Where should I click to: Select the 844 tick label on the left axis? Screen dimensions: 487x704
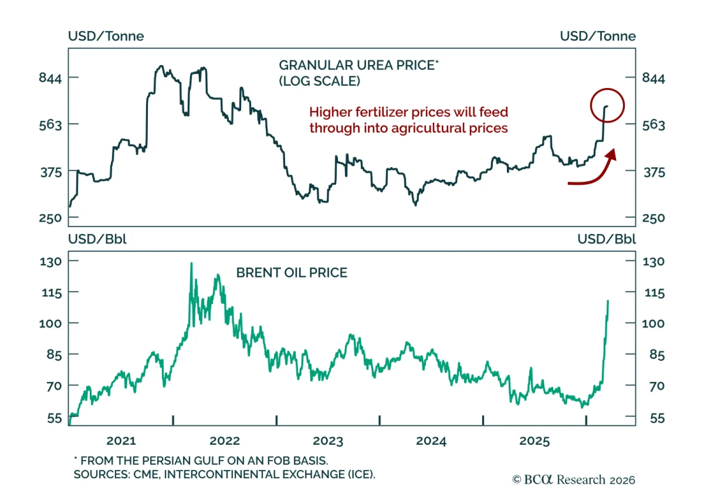[x=50, y=78]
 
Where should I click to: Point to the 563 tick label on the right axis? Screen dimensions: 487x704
[x=653, y=125]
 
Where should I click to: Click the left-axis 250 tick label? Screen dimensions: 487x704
[x=50, y=218]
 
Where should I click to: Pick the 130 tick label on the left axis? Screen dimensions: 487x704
[x=51, y=261]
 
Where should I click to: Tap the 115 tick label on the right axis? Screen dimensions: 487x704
[x=654, y=293]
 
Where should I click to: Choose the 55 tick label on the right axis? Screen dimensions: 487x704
[x=657, y=418]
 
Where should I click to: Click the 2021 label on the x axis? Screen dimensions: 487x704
[x=121, y=441]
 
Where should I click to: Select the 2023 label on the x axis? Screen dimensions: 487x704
[x=328, y=441]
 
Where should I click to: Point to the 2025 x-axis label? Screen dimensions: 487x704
[x=535, y=441]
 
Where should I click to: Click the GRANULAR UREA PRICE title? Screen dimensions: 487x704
[x=358, y=65]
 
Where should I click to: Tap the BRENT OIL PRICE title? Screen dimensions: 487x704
[x=292, y=273]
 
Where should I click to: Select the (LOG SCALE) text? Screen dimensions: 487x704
[x=319, y=81]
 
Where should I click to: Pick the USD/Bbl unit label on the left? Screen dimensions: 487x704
[x=97, y=239]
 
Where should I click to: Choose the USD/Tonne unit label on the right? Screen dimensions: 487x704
[x=598, y=36]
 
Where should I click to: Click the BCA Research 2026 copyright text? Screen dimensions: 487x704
[x=574, y=479]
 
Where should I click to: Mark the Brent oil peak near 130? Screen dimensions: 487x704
[x=191, y=264]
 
